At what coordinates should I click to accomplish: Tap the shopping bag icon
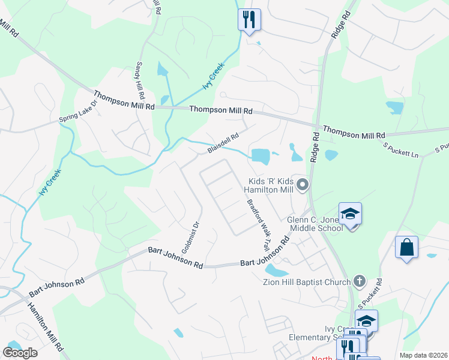[406, 247]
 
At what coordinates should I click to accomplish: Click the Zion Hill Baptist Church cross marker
[359, 280]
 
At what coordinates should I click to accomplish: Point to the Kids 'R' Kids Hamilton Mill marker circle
[303, 185]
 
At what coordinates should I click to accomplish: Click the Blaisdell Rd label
[223, 143]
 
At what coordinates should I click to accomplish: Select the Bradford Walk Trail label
[257, 225]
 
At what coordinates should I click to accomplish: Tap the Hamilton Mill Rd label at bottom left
[45, 326]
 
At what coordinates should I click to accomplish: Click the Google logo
[20, 353]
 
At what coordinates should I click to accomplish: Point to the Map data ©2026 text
[423, 355]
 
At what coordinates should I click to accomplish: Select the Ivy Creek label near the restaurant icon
[213, 76]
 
